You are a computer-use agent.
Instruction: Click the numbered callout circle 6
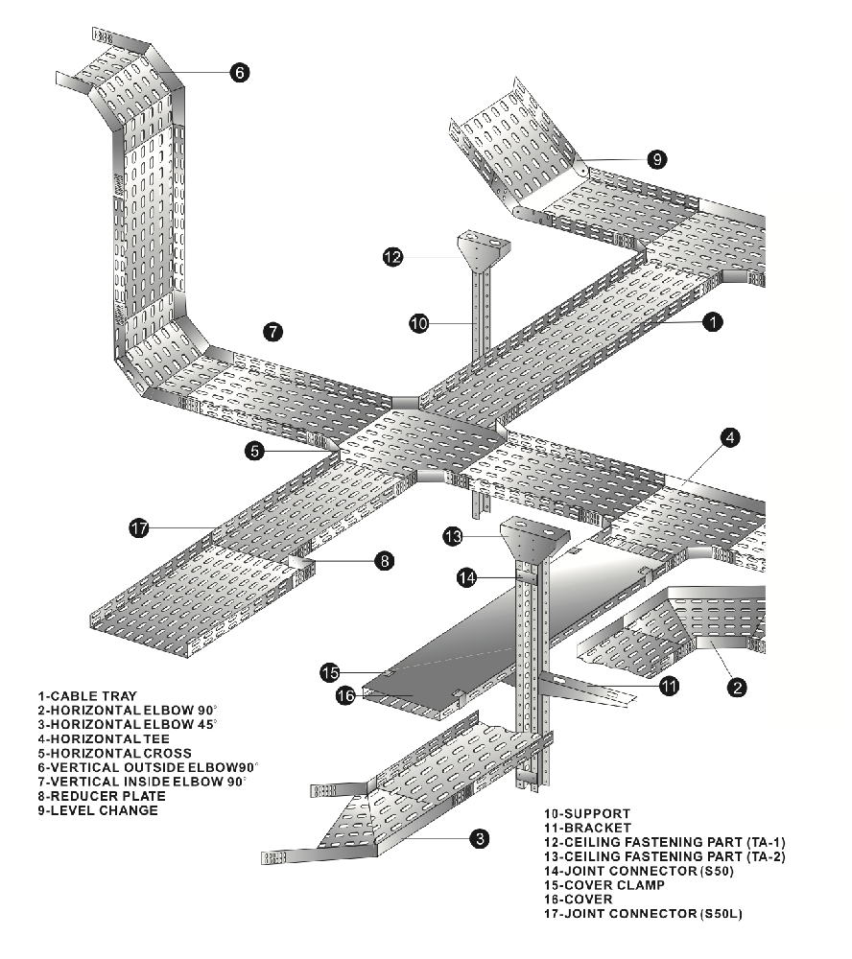click(239, 72)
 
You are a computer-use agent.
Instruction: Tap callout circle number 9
click(656, 159)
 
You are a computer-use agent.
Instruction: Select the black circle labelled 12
click(393, 257)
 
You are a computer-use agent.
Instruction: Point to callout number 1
click(713, 321)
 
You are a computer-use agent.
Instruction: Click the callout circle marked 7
click(273, 332)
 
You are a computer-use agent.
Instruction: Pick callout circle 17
click(139, 527)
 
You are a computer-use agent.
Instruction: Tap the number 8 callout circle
click(385, 561)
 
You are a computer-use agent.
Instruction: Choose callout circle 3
click(480, 838)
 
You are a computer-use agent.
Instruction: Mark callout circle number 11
click(669, 686)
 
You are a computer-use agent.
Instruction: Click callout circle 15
click(330, 673)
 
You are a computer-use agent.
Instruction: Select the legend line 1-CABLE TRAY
click(87, 696)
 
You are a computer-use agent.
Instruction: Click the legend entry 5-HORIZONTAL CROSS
click(114, 754)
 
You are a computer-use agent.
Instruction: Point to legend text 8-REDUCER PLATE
click(102, 796)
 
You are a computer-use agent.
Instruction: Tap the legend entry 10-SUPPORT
click(587, 814)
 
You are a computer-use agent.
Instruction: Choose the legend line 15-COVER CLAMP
click(604, 885)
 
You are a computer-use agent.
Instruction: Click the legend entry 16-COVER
click(578, 900)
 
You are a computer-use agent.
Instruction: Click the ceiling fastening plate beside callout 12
click(484, 247)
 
